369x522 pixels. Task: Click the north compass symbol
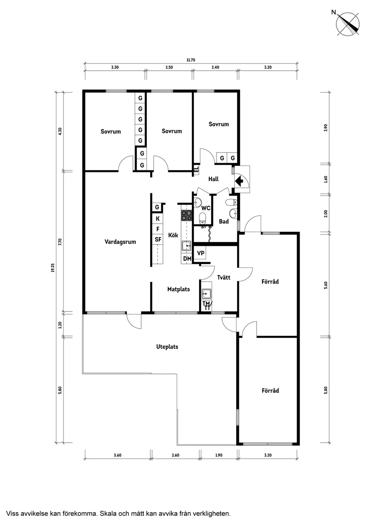pyautogui.click(x=348, y=24)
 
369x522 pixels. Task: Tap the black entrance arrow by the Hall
pyautogui.click(x=239, y=181)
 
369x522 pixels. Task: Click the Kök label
pyautogui.click(x=173, y=235)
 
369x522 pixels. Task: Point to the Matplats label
pyautogui.click(x=178, y=289)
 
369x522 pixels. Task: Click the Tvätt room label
pyautogui.click(x=224, y=277)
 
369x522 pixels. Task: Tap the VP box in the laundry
pyautogui.click(x=201, y=253)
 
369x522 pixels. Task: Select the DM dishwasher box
pyautogui.click(x=187, y=259)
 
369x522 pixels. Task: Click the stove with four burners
pyautogui.click(x=186, y=216)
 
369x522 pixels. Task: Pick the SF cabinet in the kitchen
pyautogui.click(x=158, y=240)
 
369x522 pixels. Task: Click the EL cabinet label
pyautogui.click(x=196, y=170)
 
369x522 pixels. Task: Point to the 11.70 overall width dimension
pyautogui.click(x=191, y=60)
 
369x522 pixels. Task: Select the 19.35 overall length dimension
pyautogui.click(x=52, y=267)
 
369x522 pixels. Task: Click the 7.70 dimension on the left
pyautogui.click(x=60, y=242)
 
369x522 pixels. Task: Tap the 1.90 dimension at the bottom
pyautogui.click(x=218, y=455)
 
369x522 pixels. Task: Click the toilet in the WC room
pyautogui.click(x=202, y=218)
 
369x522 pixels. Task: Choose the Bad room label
pyautogui.click(x=224, y=221)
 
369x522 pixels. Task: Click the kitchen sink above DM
pyautogui.click(x=187, y=246)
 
